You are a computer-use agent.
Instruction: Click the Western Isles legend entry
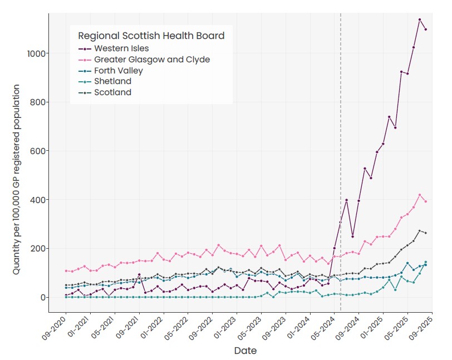pyautogui.click(x=114, y=48)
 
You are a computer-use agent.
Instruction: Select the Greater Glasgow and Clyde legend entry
pyautogui.click(x=144, y=60)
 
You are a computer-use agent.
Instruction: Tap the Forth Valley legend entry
pyautogui.click(x=111, y=71)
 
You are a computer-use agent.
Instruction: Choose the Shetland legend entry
pyautogui.click(x=105, y=81)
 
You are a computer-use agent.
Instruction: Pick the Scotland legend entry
pyautogui.click(x=105, y=92)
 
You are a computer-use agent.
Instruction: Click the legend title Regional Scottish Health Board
pyautogui.click(x=151, y=36)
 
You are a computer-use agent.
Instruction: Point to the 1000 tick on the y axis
pyautogui.click(x=36, y=53)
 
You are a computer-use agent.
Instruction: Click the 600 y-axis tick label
pyautogui.click(x=38, y=151)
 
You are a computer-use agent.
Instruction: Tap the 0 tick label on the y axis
pyautogui.click(x=43, y=298)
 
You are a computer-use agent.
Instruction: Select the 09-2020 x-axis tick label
pyautogui.click(x=54, y=328)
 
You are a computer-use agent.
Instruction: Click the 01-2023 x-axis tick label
pyautogui.click(x=225, y=328)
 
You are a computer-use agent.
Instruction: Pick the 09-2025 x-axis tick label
pyautogui.click(x=421, y=328)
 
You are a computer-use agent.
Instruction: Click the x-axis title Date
pyautogui.click(x=245, y=351)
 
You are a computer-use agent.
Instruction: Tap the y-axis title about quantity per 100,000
pyautogui.click(x=16, y=180)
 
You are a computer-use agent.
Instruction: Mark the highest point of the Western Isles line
pyautogui.click(x=420, y=19)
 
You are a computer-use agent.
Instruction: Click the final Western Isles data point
pyautogui.click(x=426, y=29)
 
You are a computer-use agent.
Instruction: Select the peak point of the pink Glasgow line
pyautogui.click(x=420, y=195)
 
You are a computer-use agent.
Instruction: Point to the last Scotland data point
pyautogui.click(x=426, y=233)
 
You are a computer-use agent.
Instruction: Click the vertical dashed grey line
pyautogui.click(x=341, y=162)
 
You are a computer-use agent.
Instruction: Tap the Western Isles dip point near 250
pyautogui.click(x=352, y=236)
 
